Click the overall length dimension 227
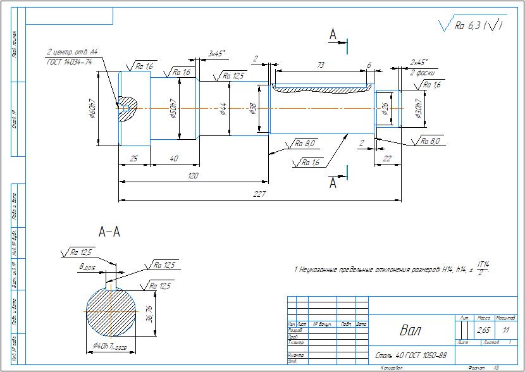(259, 194)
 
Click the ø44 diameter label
(223, 108)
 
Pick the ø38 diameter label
(253, 108)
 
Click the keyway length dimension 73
(320, 65)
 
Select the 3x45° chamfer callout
(217, 54)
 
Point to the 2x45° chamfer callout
(419, 62)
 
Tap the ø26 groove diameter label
(385, 108)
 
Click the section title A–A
(109, 232)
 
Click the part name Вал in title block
(411, 330)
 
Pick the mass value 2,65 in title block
(483, 330)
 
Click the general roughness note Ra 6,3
(472, 26)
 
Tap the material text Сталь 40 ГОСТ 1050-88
(411, 356)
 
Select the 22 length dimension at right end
(387, 158)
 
